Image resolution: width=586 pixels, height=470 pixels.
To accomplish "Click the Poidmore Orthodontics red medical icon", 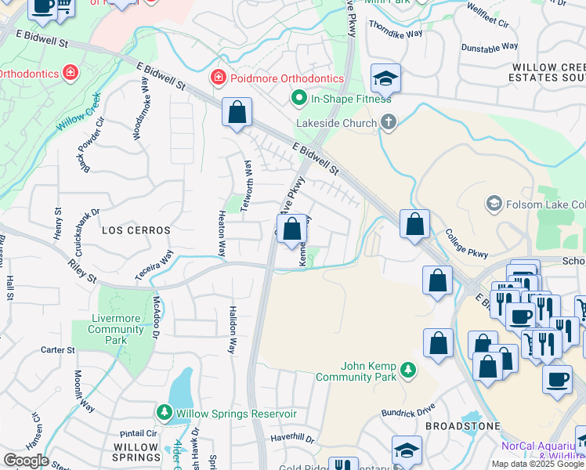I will coord(217,78).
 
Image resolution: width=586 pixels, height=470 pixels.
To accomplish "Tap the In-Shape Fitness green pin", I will coord(298,99).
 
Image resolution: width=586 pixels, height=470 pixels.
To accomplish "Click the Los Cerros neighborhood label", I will coord(135,230).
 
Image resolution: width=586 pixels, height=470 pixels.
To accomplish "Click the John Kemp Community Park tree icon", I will coord(407,368).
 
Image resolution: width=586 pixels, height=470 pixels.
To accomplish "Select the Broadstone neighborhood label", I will coord(462,425).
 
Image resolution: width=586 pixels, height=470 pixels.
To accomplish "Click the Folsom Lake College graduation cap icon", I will coord(494,204).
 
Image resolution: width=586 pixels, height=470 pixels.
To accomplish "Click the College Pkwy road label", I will coord(467,244).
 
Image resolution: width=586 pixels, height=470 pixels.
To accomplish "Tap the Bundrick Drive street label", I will coord(408,410).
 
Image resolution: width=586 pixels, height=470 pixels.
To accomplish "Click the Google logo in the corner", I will coord(26,461).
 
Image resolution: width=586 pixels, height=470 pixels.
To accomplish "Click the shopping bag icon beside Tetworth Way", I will coord(237,112).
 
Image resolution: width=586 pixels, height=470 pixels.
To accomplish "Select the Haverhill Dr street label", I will coord(293,439).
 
